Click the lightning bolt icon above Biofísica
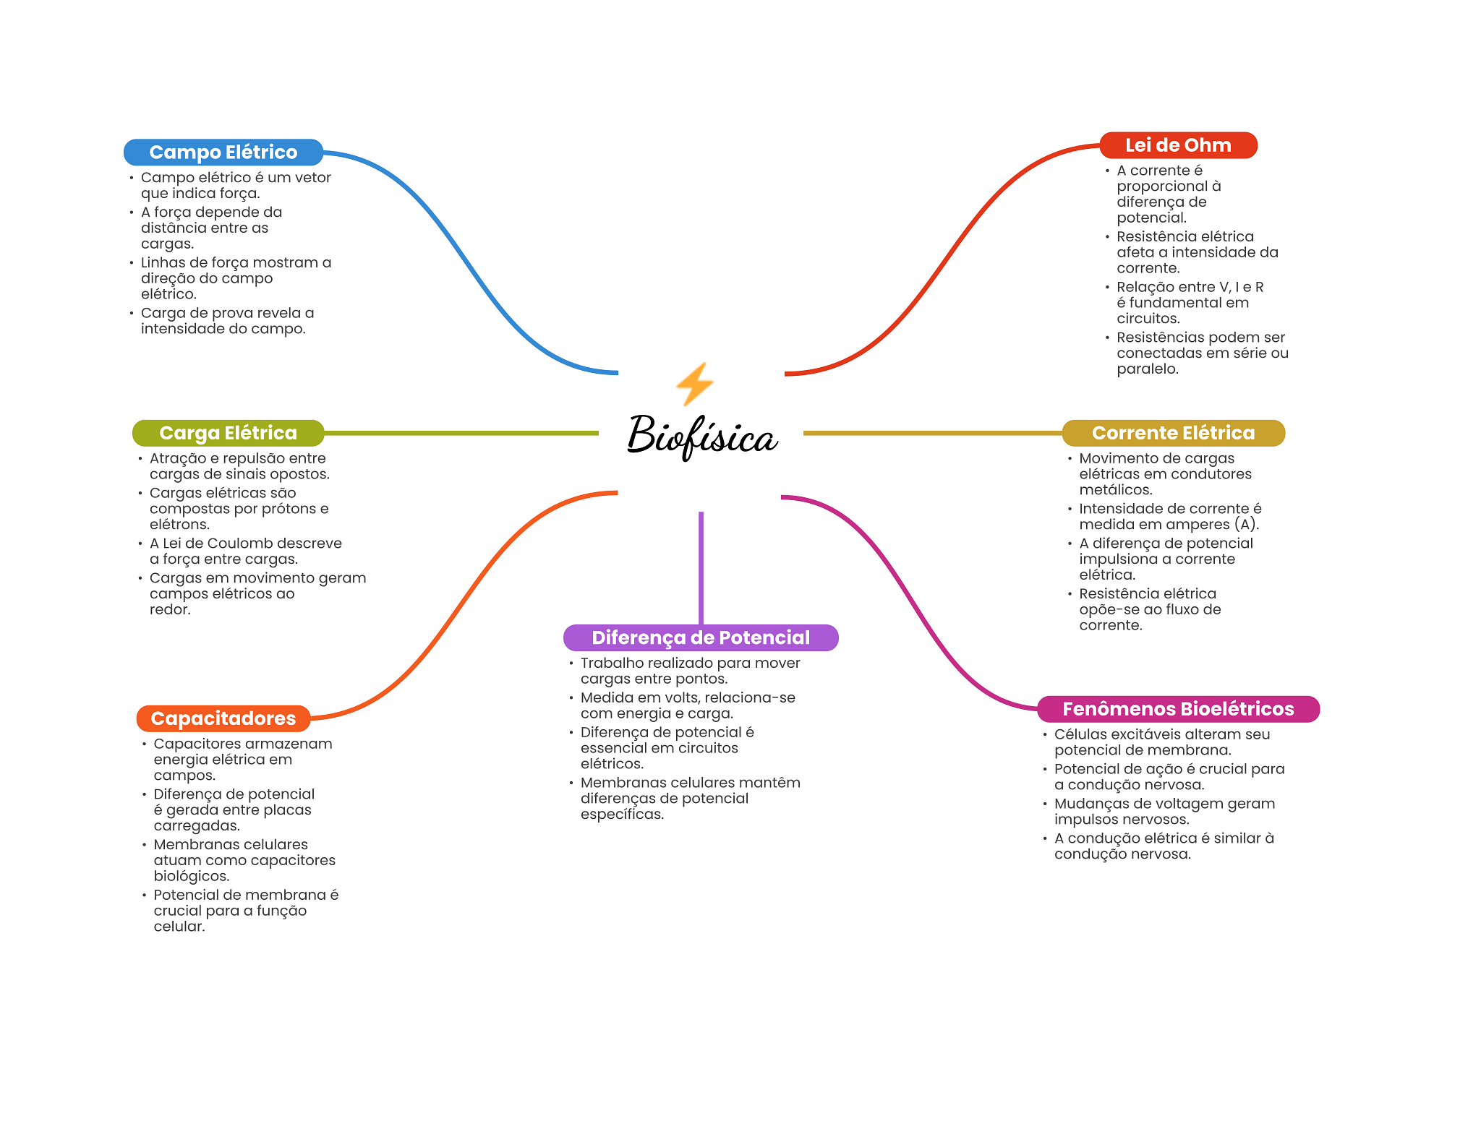(x=695, y=384)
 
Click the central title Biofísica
(x=702, y=436)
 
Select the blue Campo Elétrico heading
(x=223, y=152)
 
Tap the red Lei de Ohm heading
(x=1178, y=145)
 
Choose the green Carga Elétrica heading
(x=228, y=433)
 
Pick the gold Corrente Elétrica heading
(x=1173, y=433)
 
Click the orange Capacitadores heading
(x=223, y=718)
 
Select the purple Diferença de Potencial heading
(x=701, y=637)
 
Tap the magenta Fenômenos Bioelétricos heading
(x=1178, y=709)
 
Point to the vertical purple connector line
(x=701, y=568)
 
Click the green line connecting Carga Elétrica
(x=461, y=433)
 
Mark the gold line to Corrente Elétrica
(x=933, y=433)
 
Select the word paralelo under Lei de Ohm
(x=1148, y=369)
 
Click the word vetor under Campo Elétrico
(x=312, y=178)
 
